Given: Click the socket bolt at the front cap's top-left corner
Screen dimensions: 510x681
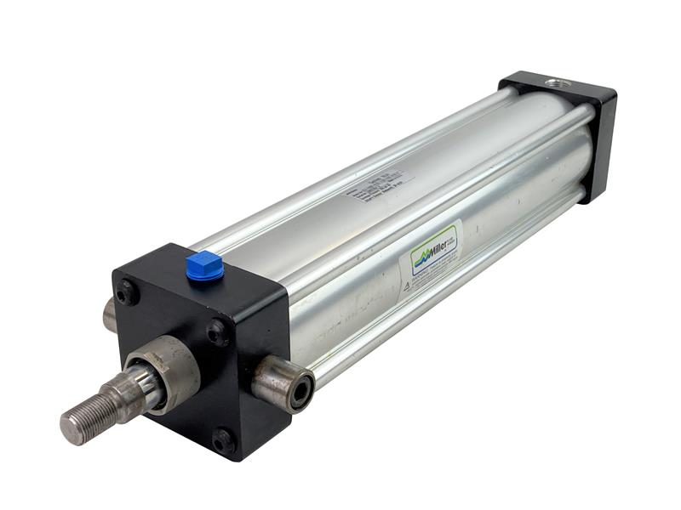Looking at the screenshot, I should [x=127, y=292].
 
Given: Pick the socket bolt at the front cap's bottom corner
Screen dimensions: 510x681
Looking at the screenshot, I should [x=223, y=440].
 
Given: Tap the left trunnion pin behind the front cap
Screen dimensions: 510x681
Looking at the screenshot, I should [x=110, y=315].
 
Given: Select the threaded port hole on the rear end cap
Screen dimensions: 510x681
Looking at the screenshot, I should [x=558, y=83].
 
